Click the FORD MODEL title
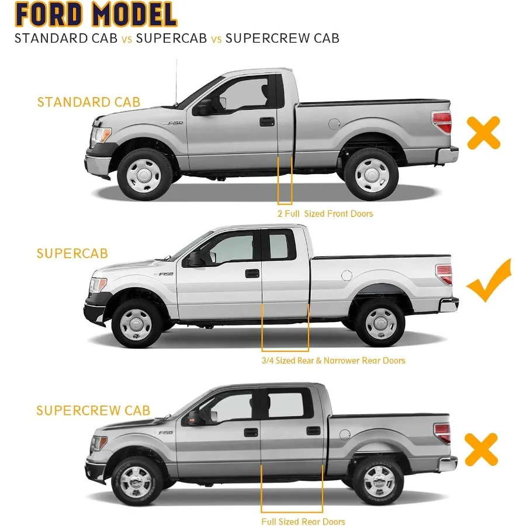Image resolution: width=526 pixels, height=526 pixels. point(96,15)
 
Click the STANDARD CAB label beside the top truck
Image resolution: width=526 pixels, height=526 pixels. point(89,102)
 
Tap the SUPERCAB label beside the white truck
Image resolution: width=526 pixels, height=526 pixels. point(72,254)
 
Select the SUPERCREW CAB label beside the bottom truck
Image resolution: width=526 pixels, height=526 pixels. point(94,410)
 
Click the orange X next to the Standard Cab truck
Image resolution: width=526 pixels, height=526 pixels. point(483,133)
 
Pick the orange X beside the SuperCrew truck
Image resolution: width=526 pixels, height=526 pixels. point(481,449)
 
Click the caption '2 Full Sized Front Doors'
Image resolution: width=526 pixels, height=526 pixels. point(325,214)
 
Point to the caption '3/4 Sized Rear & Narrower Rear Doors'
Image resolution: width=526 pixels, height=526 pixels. point(333,361)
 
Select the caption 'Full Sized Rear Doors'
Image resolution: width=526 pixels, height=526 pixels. point(303,521)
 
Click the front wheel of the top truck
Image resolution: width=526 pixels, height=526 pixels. point(144,174)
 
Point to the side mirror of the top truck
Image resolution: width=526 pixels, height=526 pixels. point(205,107)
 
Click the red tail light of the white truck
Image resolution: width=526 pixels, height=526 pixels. point(444,274)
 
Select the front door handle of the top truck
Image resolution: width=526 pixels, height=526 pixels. point(267,122)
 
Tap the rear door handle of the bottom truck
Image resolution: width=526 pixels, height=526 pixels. point(314,431)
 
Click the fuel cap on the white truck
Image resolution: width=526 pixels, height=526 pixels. point(347,275)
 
